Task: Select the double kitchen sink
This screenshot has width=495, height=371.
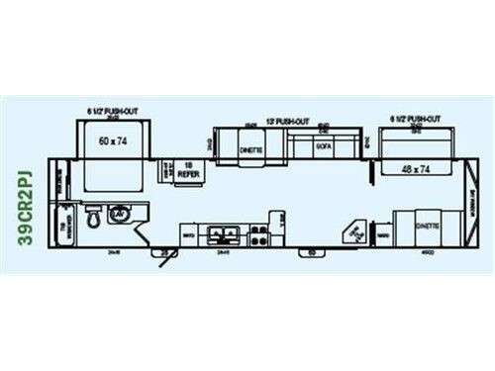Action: tap(226, 235)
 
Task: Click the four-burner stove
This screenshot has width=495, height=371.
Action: tap(259, 235)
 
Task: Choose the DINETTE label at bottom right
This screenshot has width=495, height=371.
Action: tap(427, 226)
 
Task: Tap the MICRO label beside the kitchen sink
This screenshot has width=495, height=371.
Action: tap(187, 235)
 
